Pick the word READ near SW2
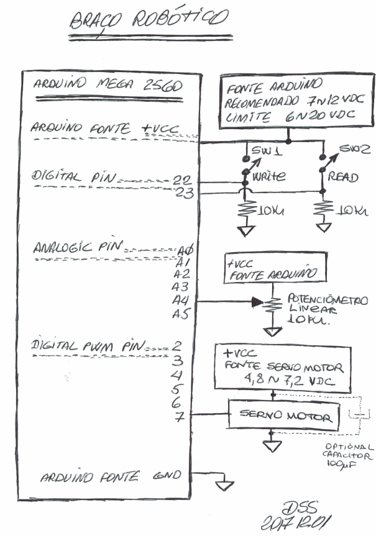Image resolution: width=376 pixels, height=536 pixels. pos(342,178)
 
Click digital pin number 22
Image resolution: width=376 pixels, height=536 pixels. pos(183,179)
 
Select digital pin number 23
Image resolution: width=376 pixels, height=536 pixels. pos(185,193)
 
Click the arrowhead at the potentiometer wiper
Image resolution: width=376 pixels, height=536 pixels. pos(256,302)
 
